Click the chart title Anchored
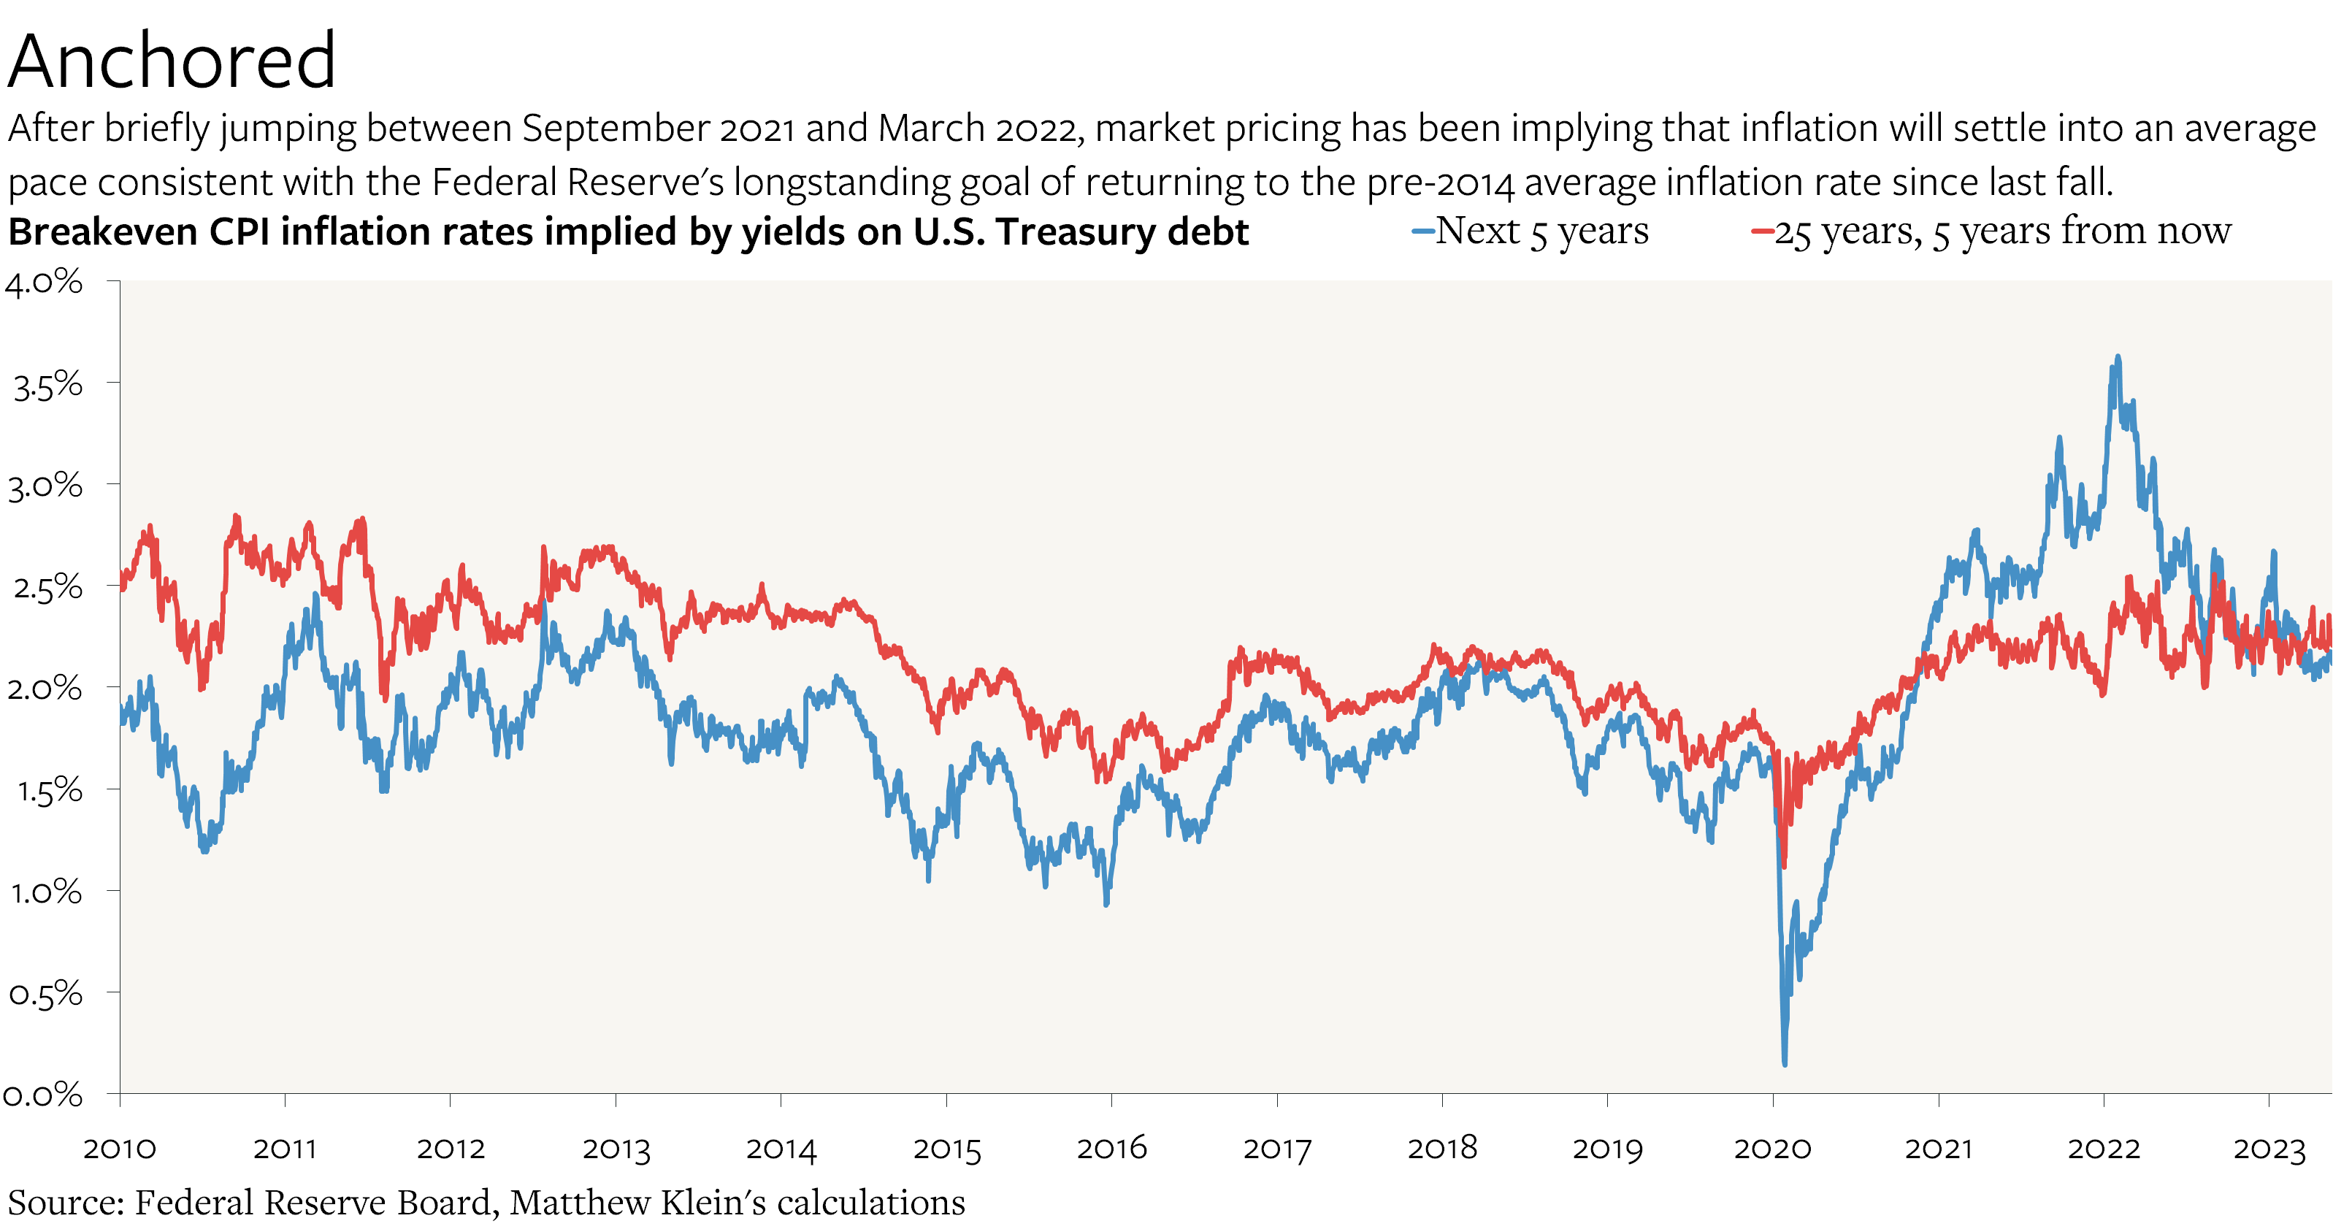point(172,61)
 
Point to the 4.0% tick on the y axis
point(44,283)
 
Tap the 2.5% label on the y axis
point(47,588)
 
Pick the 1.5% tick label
point(49,791)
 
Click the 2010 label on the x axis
point(120,1149)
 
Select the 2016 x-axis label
point(1111,1149)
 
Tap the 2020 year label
point(1772,1149)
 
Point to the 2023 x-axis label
point(2269,1149)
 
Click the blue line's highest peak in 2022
point(2118,357)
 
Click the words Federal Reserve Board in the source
point(313,1203)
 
